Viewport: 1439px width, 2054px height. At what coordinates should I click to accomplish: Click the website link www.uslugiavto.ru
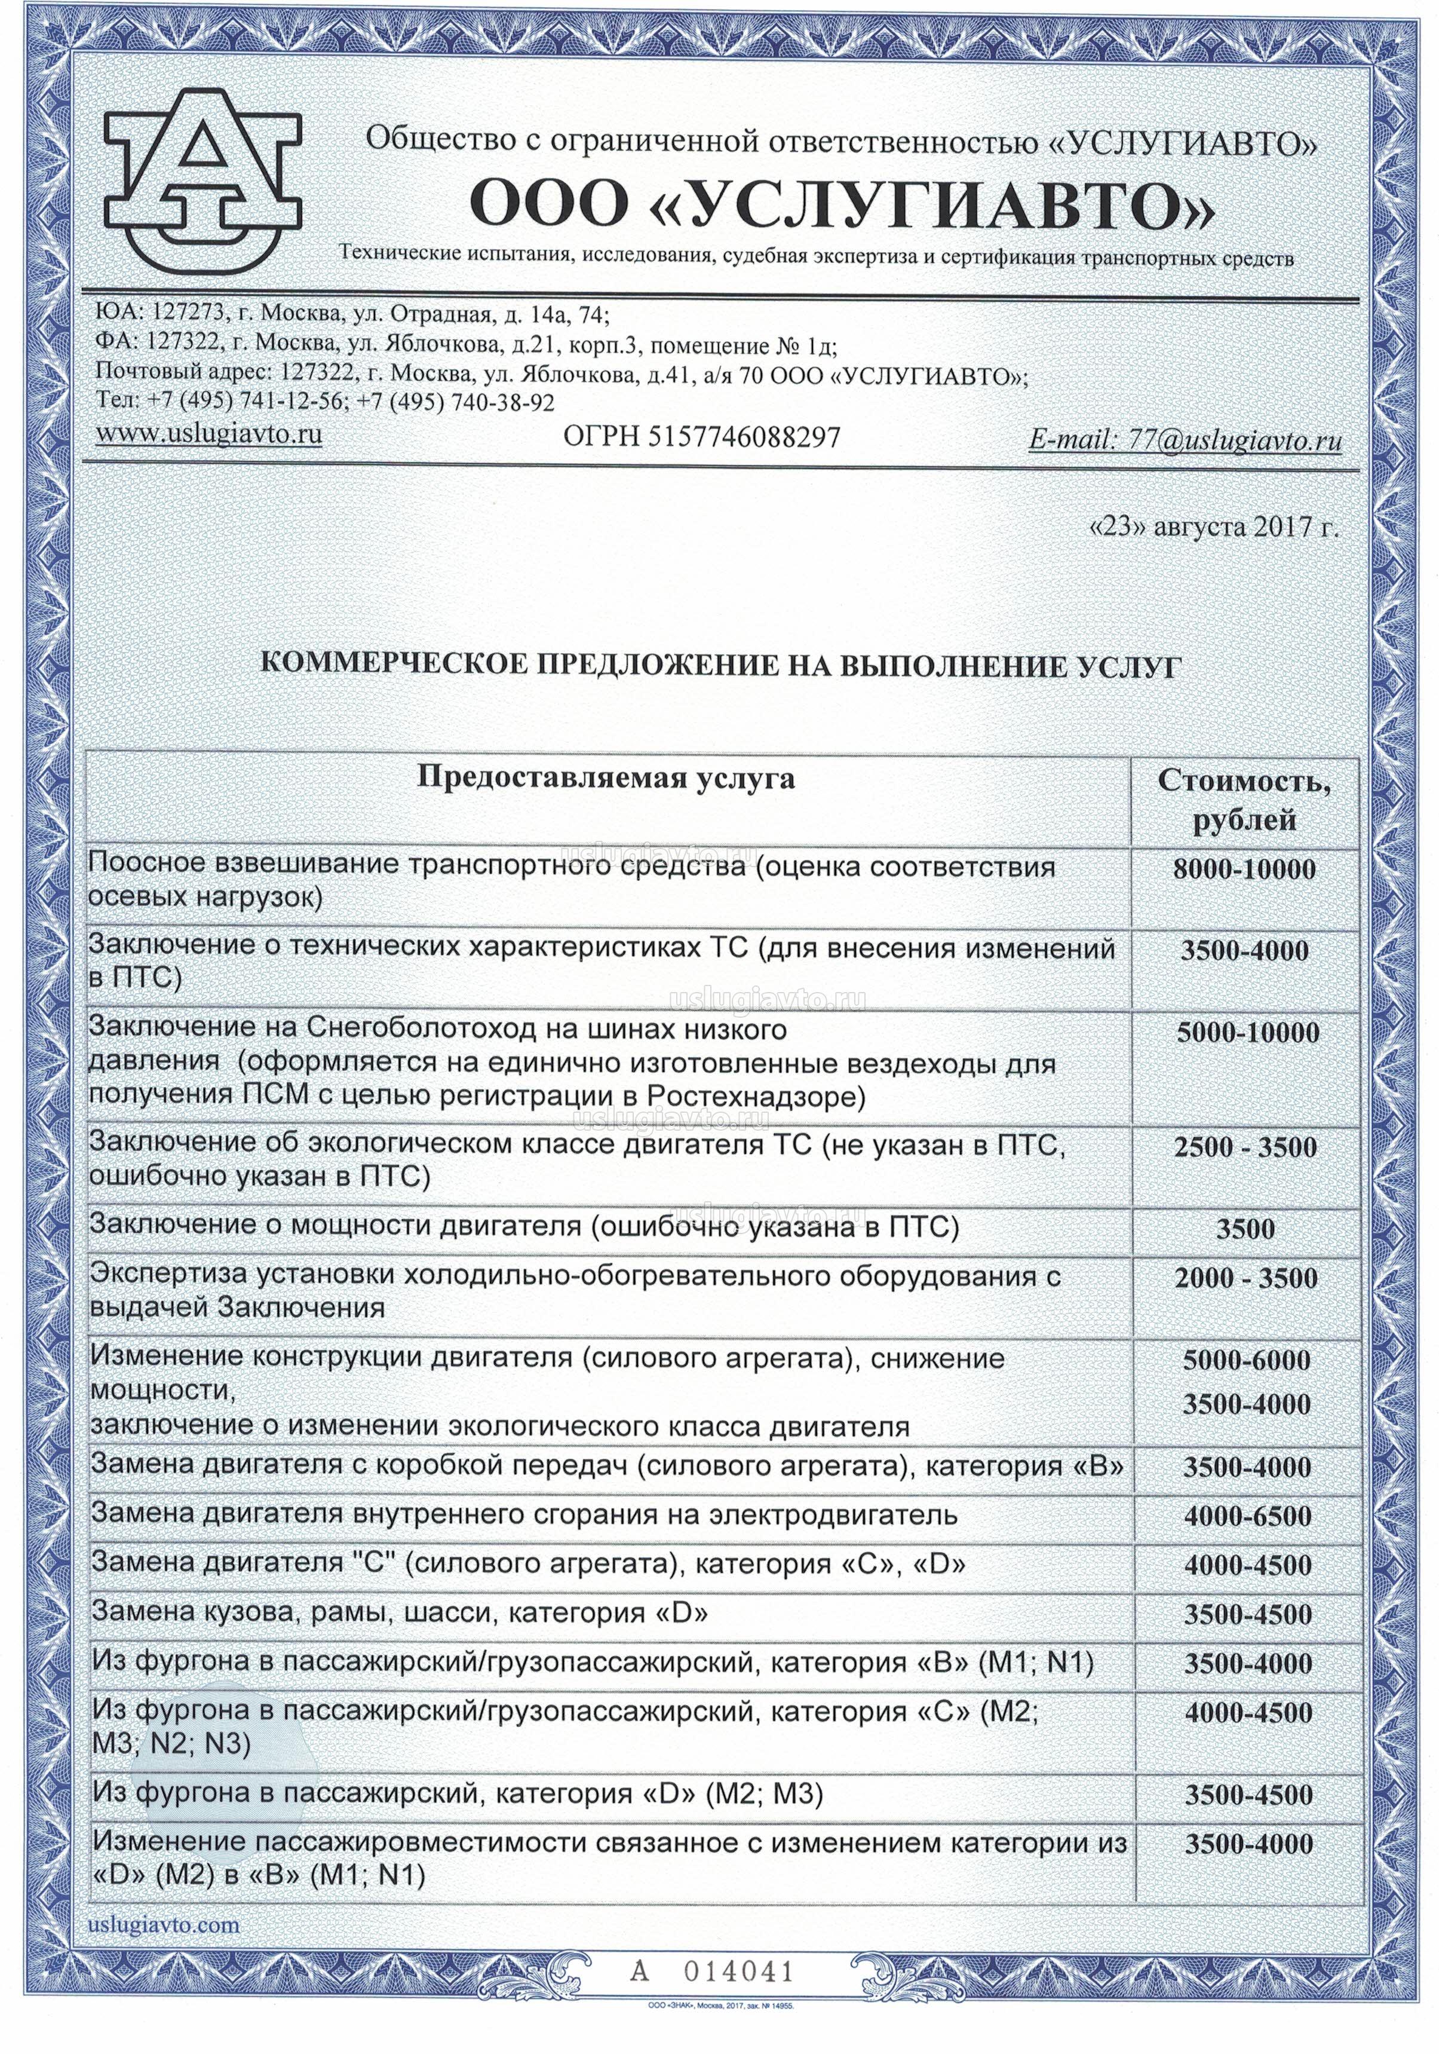tap(208, 434)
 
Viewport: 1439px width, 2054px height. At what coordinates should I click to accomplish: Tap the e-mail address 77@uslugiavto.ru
tap(1185, 440)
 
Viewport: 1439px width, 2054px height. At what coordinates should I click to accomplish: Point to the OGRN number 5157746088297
tap(701, 437)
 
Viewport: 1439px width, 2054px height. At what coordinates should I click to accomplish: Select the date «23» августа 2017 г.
tap(1214, 527)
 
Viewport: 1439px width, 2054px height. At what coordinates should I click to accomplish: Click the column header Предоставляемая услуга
tap(606, 777)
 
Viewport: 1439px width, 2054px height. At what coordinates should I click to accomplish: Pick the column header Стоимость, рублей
tap(1244, 800)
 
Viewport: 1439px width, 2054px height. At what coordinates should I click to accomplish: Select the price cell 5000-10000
tap(1247, 1032)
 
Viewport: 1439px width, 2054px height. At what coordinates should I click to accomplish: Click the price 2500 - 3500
tap(1245, 1148)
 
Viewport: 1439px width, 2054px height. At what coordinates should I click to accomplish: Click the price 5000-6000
tap(1246, 1360)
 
